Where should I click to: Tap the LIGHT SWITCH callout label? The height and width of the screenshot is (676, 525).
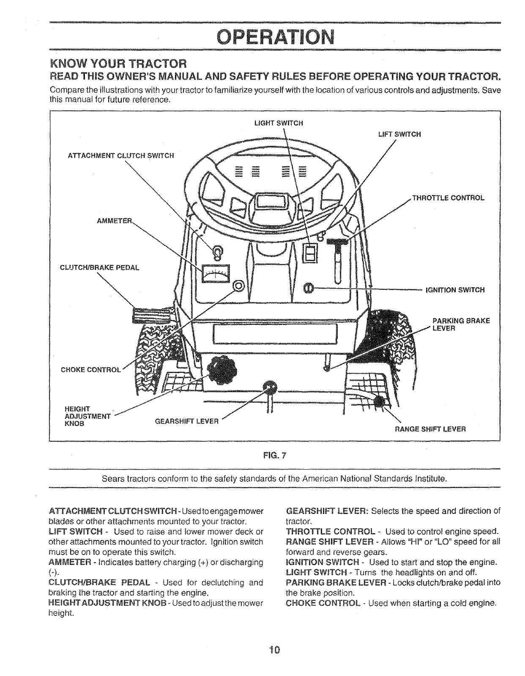pyautogui.click(x=279, y=123)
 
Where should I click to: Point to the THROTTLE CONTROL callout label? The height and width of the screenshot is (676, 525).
pyautogui.click(x=448, y=198)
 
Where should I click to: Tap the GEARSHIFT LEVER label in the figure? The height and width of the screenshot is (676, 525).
pyautogui.click(x=187, y=421)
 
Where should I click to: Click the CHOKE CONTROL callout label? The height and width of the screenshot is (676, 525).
pyautogui.click(x=91, y=369)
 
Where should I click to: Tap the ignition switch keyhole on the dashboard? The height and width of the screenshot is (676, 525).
pyautogui.click(x=309, y=287)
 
